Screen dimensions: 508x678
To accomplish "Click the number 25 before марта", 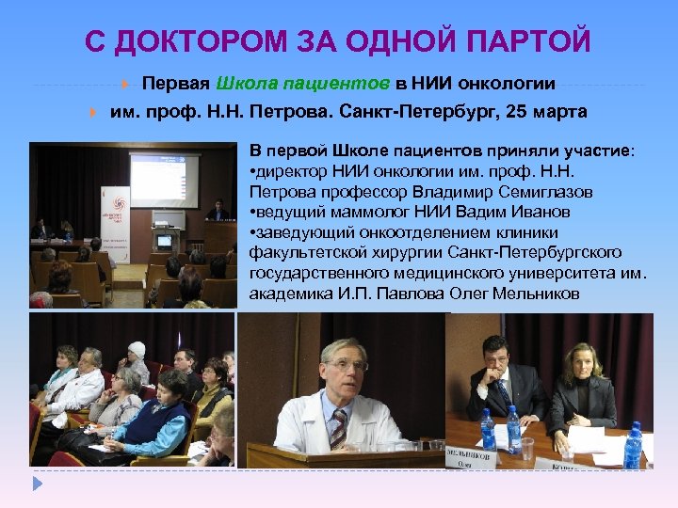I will pos(518,111).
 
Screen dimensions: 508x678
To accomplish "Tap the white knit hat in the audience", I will pos(137,349).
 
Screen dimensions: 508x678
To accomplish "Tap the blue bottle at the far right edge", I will pos(633,443).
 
